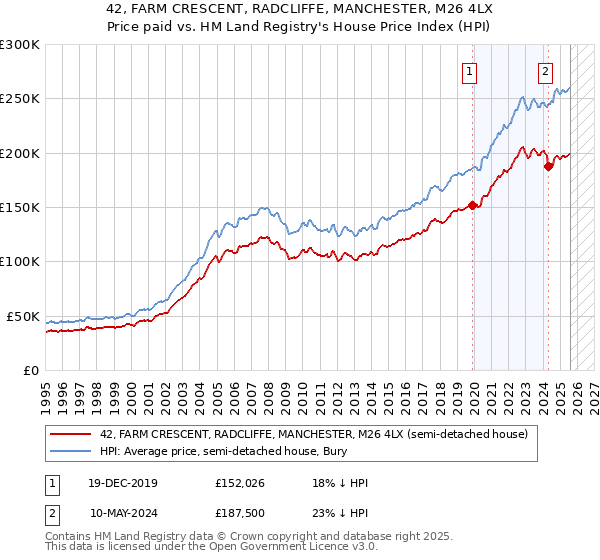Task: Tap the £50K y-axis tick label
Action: tap(22, 316)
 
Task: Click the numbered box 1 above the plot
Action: tap(469, 71)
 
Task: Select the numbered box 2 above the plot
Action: tap(545, 71)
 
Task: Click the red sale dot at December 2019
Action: tap(472, 206)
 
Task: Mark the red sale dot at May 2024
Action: tap(548, 167)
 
